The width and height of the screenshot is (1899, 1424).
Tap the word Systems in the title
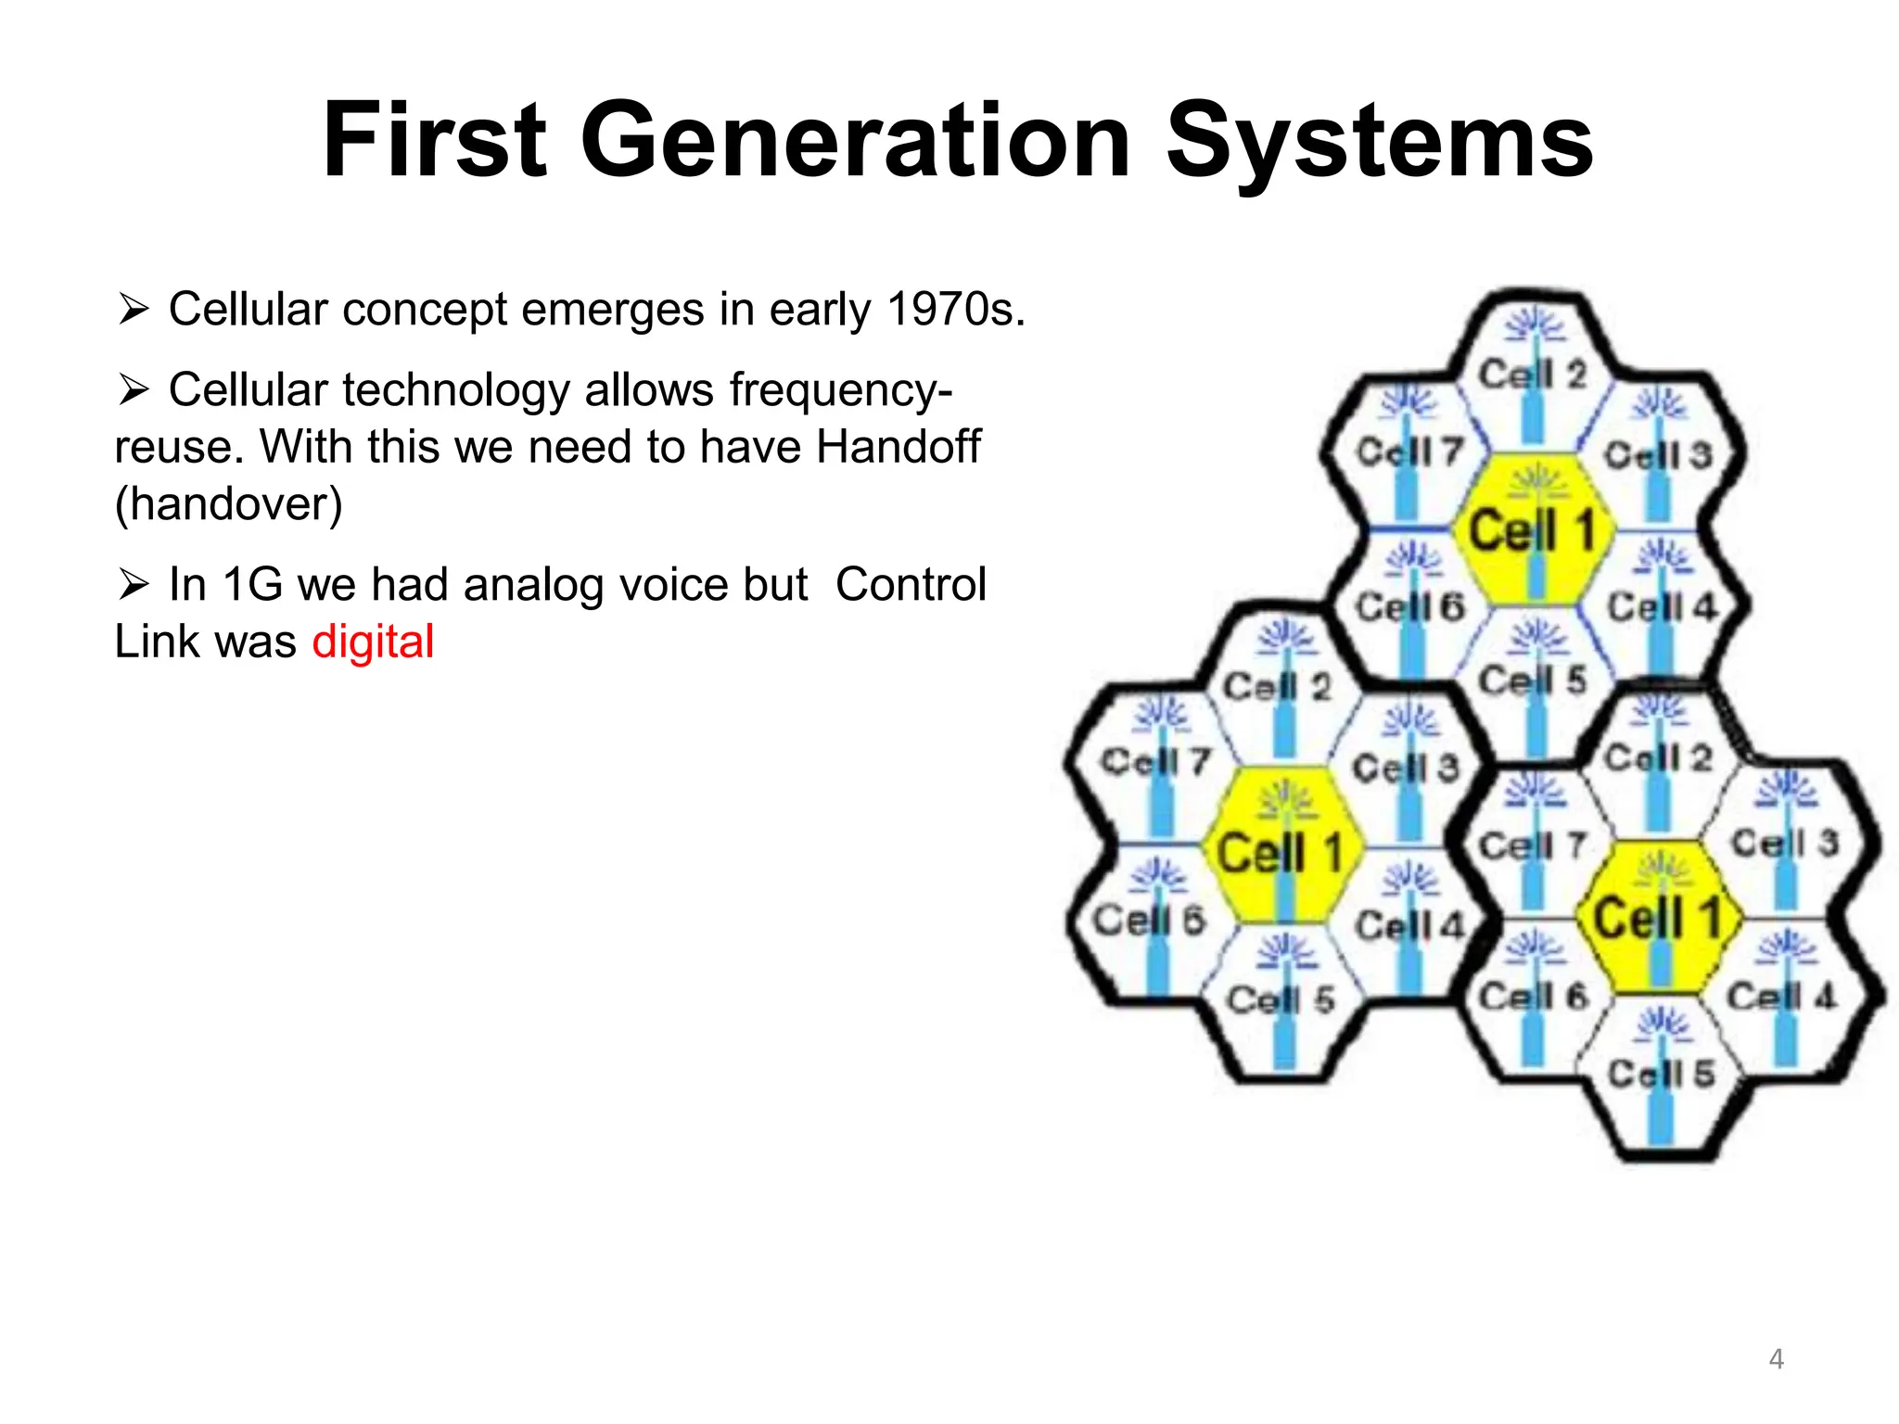point(1379,141)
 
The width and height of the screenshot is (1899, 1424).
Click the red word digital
point(373,642)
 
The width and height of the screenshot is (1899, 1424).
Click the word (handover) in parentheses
point(228,503)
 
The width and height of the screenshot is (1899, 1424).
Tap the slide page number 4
point(1776,1359)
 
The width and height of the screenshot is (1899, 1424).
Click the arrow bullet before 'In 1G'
point(134,585)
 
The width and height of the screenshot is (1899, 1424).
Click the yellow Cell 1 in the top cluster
point(1532,530)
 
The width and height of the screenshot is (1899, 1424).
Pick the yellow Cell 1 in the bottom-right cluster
point(1658,918)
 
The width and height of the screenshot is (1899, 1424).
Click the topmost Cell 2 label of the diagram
point(1532,375)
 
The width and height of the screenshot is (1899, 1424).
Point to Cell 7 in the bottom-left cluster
point(1155,762)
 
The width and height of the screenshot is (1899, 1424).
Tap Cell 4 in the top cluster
point(1661,607)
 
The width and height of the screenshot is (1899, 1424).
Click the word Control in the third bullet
point(911,585)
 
